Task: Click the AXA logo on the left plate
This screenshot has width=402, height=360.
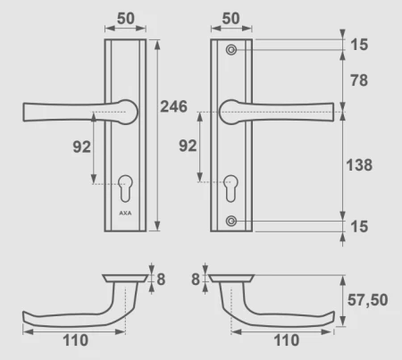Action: pyautogui.click(x=125, y=213)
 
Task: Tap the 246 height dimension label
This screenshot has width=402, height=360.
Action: pyautogui.click(x=174, y=106)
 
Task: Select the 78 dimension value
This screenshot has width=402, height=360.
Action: pyautogui.click(x=359, y=80)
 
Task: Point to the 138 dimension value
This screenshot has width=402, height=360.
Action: pyautogui.click(x=359, y=165)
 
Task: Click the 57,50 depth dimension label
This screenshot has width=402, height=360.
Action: pyautogui.click(x=368, y=300)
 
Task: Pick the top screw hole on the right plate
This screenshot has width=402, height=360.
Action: pyautogui.click(x=231, y=50)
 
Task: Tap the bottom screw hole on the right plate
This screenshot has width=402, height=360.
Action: pyautogui.click(x=231, y=222)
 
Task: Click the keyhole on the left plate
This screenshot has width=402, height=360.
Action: pyautogui.click(x=125, y=188)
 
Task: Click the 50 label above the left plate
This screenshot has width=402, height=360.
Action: pyautogui.click(x=126, y=19)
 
